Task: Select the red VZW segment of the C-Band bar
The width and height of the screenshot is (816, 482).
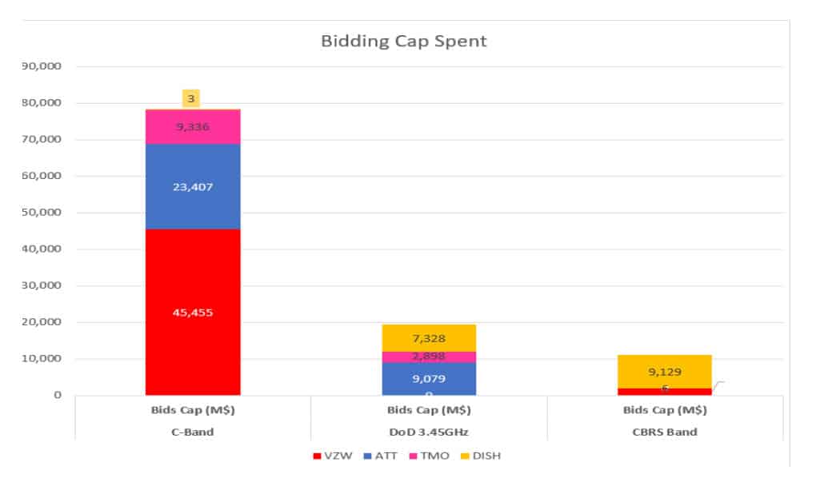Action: coord(192,312)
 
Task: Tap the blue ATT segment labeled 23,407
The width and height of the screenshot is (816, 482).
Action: coord(192,186)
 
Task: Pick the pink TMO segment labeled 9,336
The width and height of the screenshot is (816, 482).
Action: coord(192,126)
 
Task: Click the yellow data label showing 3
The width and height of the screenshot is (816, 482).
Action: coord(190,98)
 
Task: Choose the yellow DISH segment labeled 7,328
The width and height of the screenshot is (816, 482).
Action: coord(429,337)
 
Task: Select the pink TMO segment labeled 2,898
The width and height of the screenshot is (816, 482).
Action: coord(429,357)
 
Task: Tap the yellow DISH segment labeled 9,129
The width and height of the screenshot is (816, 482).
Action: coord(664,372)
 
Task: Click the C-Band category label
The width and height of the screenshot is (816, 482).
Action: coord(192,432)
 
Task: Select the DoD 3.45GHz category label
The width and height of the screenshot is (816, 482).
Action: coord(429,432)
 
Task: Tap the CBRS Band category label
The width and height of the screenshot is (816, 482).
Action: coord(664,432)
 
